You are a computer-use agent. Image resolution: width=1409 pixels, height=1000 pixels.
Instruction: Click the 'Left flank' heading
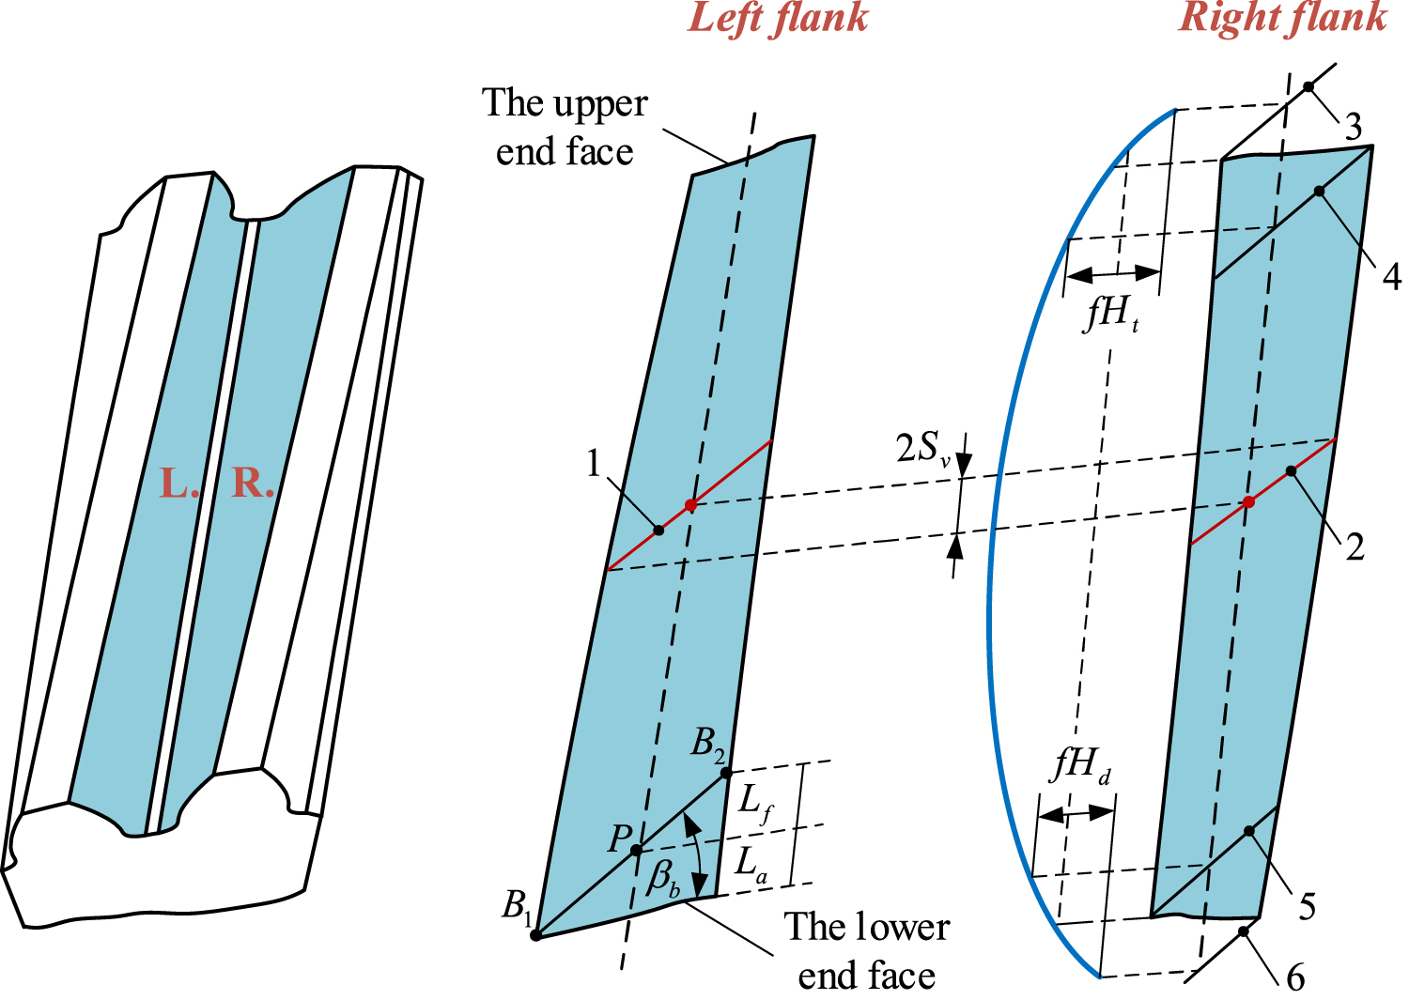coord(778,19)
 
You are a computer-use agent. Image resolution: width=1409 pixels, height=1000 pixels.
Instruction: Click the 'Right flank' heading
coord(1282,17)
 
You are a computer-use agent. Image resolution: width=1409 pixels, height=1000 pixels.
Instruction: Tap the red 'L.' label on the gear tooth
coord(178,483)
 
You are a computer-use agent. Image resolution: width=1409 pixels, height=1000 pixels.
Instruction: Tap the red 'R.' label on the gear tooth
coord(253,483)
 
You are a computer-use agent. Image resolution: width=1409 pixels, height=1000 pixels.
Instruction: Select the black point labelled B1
coord(535,935)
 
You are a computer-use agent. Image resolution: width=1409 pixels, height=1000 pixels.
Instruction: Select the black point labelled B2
coord(726,774)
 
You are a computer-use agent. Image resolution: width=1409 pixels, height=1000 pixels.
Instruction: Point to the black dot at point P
coord(637,851)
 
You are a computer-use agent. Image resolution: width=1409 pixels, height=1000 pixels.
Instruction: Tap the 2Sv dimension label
coord(922,450)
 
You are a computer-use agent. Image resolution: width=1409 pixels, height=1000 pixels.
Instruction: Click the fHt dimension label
coord(1112,313)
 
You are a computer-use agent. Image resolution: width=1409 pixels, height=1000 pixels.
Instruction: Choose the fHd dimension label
coord(1081,766)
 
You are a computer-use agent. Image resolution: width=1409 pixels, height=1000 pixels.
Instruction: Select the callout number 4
coord(1391,277)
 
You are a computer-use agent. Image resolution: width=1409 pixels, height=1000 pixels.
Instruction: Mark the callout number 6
coord(1295,978)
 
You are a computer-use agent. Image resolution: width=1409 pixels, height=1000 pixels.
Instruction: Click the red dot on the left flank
coord(690,505)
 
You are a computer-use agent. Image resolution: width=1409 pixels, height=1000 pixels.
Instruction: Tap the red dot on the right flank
coord(1248,502)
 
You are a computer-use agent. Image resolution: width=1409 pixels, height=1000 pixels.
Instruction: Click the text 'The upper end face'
coord(565,128)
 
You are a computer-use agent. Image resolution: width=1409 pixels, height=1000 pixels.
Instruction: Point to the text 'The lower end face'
coord(866,951)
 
